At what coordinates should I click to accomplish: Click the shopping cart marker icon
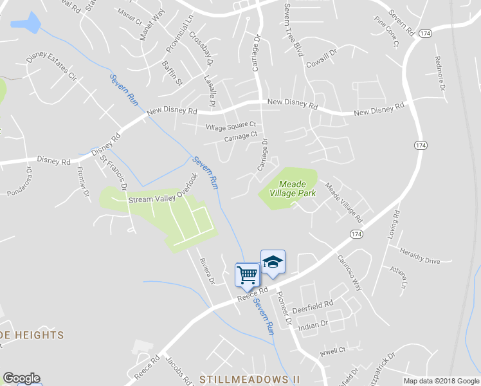[x=248, y=275]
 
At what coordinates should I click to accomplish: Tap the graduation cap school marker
[x=273, y=262]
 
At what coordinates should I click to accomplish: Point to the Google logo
[x=21, y=378]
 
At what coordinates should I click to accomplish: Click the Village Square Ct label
[x=231, y=127]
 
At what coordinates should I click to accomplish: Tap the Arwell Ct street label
[x=333, y=351]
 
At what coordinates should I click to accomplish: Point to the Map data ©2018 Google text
[x=441, y=381]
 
